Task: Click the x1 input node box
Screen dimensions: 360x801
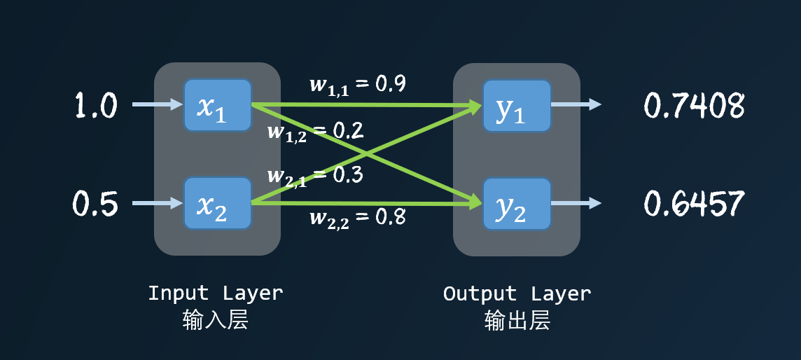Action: (x=217, y=105)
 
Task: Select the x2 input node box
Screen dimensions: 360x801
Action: (x=217, y=203)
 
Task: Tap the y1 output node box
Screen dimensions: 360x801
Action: (x=517, y=105)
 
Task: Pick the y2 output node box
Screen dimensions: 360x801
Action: (x=517, y=203)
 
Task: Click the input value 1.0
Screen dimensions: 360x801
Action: (x=97, y=106)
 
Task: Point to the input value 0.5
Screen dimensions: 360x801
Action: (x=97, y=204)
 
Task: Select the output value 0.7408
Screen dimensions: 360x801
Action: (x=694, y=106)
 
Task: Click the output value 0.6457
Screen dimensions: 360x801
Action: (x=694, y=204)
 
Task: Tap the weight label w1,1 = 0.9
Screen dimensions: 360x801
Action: (x=357, y=85)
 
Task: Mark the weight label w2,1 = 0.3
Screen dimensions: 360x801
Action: (x=315, y=176)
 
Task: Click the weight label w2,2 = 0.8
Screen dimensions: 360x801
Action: (x=357, y=218)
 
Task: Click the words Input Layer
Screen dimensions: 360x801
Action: (x=216, y=293)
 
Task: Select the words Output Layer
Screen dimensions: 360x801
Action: (x=517, y=293)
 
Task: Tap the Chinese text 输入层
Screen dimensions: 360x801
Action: (x=216, y=320)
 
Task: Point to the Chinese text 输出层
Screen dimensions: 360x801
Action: (x=517, y=320)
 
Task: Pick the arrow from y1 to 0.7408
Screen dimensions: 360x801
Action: (x=576, y=105)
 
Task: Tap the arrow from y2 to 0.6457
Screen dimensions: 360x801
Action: (x=576, y=203)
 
